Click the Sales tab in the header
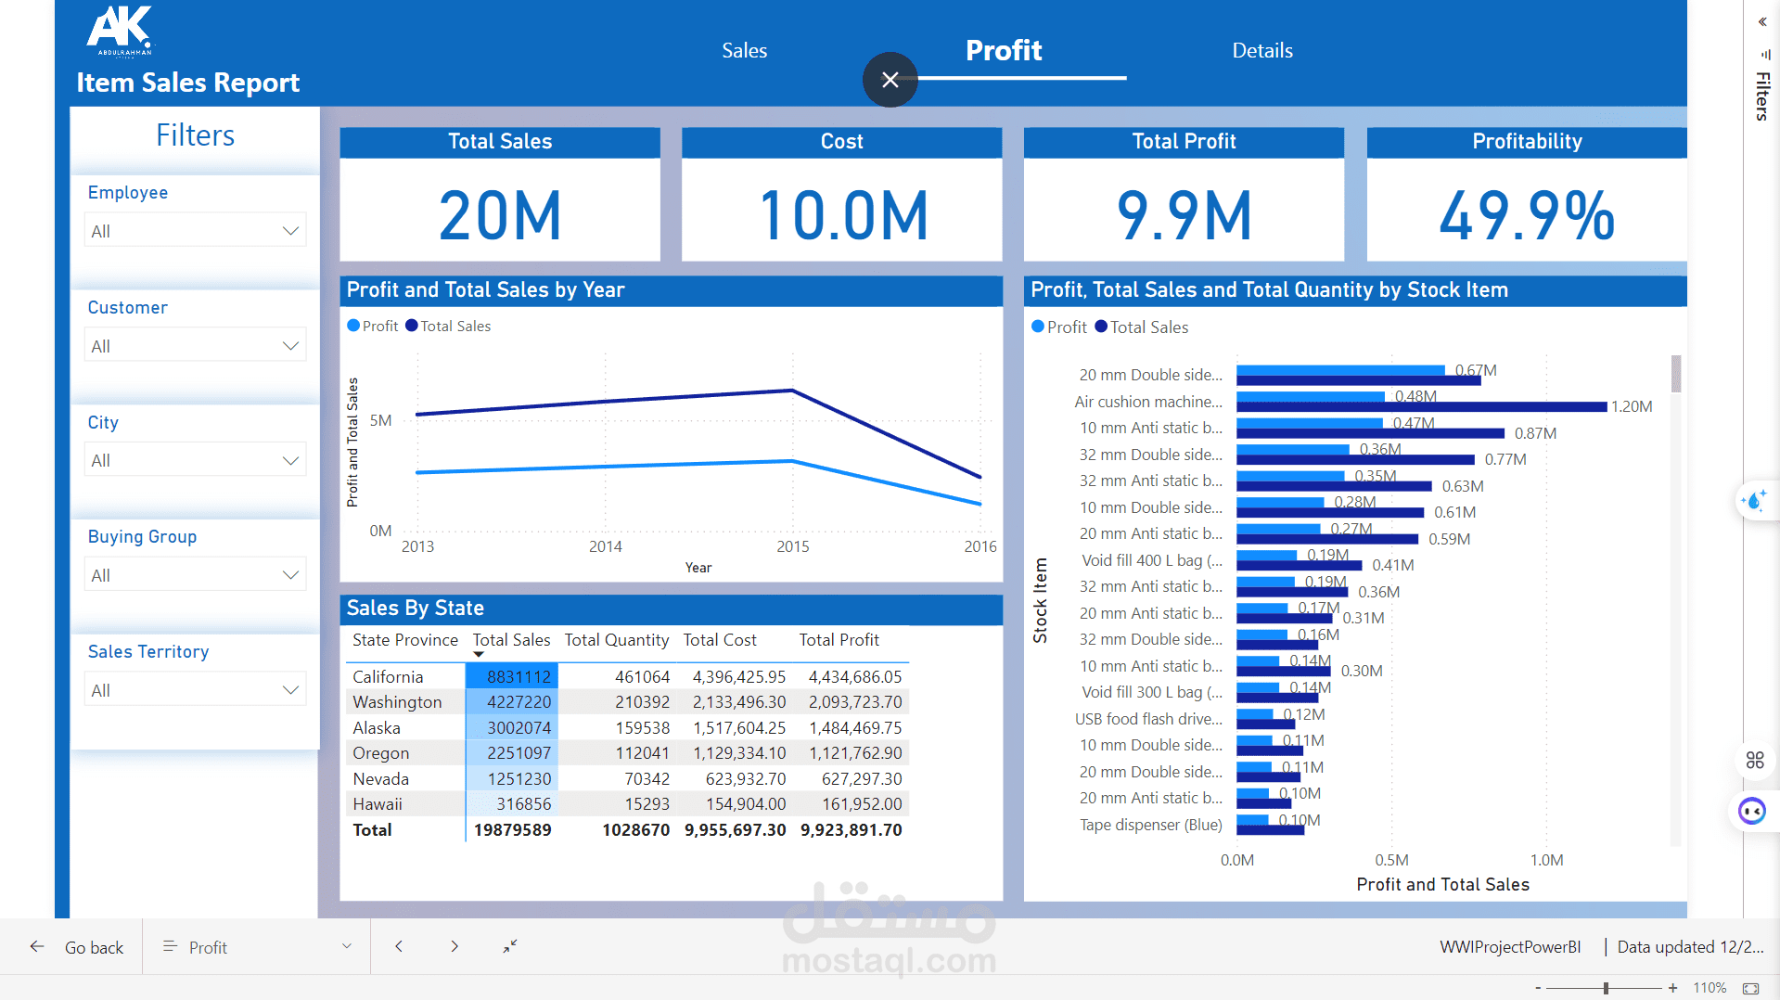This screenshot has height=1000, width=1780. (x=744, y=51)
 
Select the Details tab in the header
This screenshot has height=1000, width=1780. (x=1261, y=51)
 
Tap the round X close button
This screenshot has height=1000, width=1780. (x=890, y=80)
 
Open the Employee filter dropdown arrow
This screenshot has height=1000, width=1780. (x=290, y=231)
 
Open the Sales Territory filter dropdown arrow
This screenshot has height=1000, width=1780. (x=290, y=690)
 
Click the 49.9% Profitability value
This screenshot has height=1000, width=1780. (x=1526, y=216)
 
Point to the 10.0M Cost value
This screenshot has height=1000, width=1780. (x=842, y=216)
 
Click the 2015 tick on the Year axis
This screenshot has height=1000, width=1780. (x=793, y=547)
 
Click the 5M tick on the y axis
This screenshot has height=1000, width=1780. (x=380, y=421)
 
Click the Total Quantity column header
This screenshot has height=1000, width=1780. (x=616, y=640)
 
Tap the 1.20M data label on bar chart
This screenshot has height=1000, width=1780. (x=1631, y=407)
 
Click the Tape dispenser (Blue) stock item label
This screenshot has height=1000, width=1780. (x=1150, y=825)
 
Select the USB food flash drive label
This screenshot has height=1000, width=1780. (x=1148, y=719)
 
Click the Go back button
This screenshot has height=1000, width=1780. (x=78, y=947)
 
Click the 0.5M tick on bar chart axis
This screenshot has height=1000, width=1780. (x=1391, y=860)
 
